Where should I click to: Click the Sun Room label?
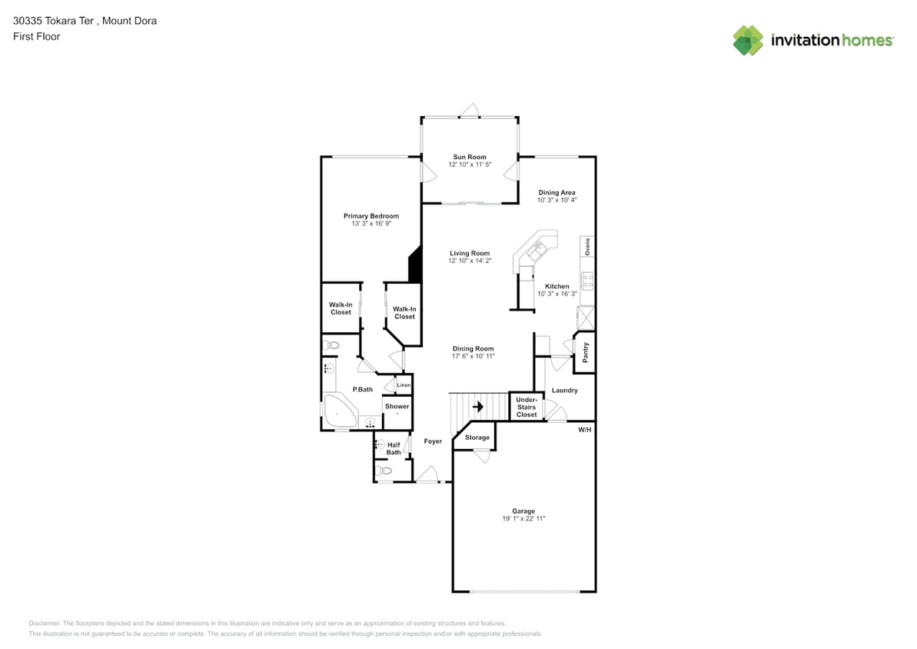pyautogui.click(x=469, y=157)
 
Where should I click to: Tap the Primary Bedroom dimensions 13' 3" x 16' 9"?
pyautogui.click(x=370, y=224)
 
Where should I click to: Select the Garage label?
pyautogui.click(x=523, y=511)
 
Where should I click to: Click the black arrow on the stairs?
pyautogui.click(x=477, y=406)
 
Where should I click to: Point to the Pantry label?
pyautogui.click(x=586, y=352)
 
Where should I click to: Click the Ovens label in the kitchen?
pyautogui.click(x=587, y=247)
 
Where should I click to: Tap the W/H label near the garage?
pyautogui.click(x=585, y=429)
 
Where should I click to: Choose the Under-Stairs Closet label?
pyautogui.click(x=527, y=407)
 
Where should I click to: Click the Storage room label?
pyautogui.click(x=477, y=438)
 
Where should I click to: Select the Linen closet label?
pyautogui.click(x=404, y=385)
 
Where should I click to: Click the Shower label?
pyautogui.click(x=397, y=406)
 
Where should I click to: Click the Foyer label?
pyautogui.click(x=433, y=441)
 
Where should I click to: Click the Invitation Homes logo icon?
pyautogui.click(x=748, y=40)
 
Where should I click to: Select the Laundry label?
pyautogui.click(x=564, y=391)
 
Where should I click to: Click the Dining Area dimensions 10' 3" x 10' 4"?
pyautogui.click(x=557, y=200)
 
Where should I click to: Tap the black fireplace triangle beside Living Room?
pyautogui.click(x=416, y=265)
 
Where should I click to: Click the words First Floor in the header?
pyautogui.click(x=36, y=36)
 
